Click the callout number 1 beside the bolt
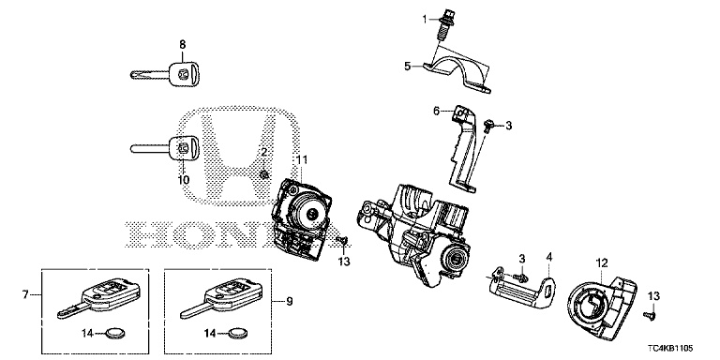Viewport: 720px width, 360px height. click(425, 19)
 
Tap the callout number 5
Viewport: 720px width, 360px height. click(408, 67)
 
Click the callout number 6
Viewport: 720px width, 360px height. click(437, 111)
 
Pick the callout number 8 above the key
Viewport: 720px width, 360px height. click(182, 45)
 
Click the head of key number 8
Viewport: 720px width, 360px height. click(185, 73)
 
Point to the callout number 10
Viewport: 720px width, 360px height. click(184, 180)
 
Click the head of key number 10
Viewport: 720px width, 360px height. click(185, 148)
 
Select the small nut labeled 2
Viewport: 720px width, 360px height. click(264, 174)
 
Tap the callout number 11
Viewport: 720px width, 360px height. click(301, 159)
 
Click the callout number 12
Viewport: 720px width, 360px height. click(602, 263)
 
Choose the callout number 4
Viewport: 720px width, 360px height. click(548, 256)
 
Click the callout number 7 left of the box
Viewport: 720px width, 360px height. click(25, 294)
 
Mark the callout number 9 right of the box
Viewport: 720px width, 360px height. click(289, 301)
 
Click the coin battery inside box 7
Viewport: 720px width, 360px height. click(113, 333)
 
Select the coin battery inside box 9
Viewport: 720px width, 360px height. click(237, 333)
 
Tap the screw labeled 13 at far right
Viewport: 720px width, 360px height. click(651, 315)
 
